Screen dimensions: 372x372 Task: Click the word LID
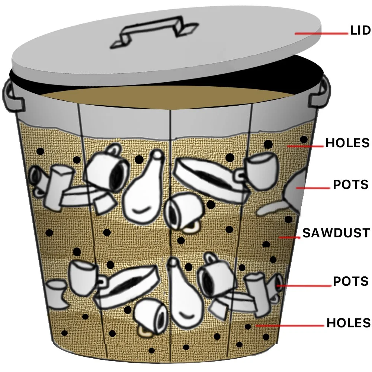pos(360,31)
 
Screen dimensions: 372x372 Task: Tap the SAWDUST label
pos(336,233)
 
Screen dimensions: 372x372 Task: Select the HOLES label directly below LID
pos(347,143)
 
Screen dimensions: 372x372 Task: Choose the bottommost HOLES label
pos(349,323)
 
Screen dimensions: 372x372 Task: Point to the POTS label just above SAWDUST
pos(351,185)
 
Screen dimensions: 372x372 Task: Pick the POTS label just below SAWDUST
pos(351,281)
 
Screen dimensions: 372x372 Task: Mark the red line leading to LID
pos(322,33)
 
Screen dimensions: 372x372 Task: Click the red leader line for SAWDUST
pos(289,237)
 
